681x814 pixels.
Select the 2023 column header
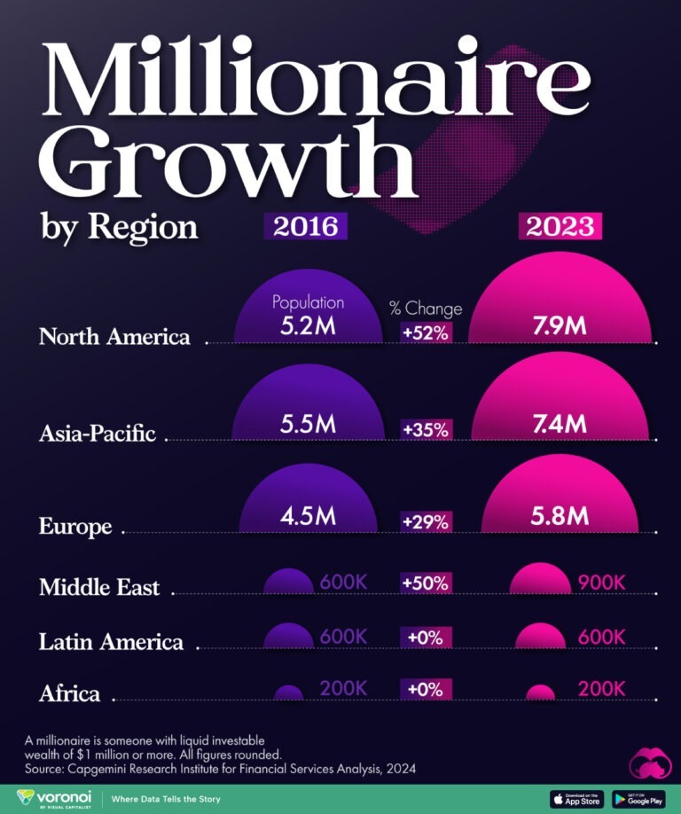pos(560,226)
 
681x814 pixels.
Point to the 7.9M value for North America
pos(560,325)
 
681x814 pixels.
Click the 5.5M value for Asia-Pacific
pos(308,424)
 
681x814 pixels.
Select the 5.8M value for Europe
pos(560,516)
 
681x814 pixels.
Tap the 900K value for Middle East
pos(602,583)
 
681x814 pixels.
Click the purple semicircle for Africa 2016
pos(288,693)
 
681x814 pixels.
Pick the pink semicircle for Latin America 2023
pos(540,638)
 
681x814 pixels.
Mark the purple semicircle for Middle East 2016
pos(289,583)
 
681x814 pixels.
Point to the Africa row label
pos(69,693)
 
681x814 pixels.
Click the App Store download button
pos(576,798)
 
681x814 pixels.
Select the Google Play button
pos(638,798)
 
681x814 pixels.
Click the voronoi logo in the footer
pos(54,798)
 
